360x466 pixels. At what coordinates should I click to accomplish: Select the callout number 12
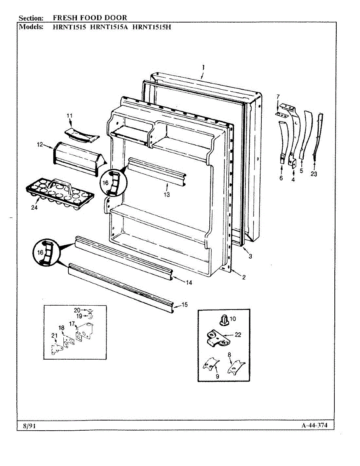[40, 145]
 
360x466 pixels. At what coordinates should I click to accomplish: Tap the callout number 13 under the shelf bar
[167, 195]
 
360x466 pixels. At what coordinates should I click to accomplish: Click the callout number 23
[314, 174]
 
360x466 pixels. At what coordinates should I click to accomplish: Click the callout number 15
[184, 305]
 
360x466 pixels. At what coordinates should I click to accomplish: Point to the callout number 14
[189, 283]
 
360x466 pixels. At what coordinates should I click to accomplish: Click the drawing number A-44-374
[314, 425]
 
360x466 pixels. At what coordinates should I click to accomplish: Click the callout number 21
[54, 336]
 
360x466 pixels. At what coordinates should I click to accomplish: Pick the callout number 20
[77, 310]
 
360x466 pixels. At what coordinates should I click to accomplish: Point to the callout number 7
[278, 96]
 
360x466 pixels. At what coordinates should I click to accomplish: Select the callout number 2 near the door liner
[243, 277]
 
